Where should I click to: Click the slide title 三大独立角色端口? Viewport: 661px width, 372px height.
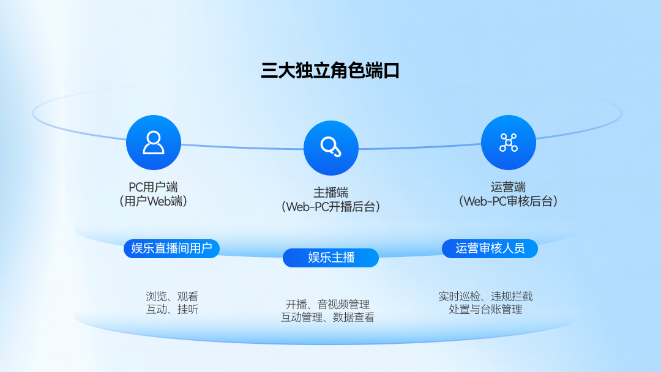coord(330,70)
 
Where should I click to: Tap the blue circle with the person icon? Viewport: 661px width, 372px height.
coord(154,143)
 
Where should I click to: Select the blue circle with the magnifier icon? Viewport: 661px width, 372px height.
coord(331,148)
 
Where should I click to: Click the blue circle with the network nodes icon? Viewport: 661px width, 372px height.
coord(509,143)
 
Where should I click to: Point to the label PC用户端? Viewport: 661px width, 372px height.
coord(154,187)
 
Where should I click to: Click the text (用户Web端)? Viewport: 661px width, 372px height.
coord(154,201)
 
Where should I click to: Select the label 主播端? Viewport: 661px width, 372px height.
coord(331,193)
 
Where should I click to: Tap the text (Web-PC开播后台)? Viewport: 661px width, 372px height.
coord(331,207)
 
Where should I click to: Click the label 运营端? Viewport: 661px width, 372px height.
coord(509,187)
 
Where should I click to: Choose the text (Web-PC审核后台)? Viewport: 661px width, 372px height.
coord(509,201)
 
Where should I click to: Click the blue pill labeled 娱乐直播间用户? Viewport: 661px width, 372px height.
coord(171,248)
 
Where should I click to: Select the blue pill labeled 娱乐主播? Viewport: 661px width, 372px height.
coord(331,258)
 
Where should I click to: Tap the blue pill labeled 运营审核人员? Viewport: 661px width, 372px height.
coord(490,248)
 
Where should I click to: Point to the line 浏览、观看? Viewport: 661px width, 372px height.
coord(172,296)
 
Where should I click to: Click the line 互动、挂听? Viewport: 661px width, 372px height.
coord(172,309)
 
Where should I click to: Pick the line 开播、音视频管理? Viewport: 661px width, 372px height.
coord(327,304)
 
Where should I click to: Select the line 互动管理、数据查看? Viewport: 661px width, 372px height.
coord(327,317)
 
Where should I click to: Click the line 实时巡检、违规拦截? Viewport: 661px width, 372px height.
coord(485,296)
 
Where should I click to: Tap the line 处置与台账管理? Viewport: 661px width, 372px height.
coord(485,309)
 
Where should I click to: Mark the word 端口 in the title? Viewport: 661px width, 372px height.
coord(383,70)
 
